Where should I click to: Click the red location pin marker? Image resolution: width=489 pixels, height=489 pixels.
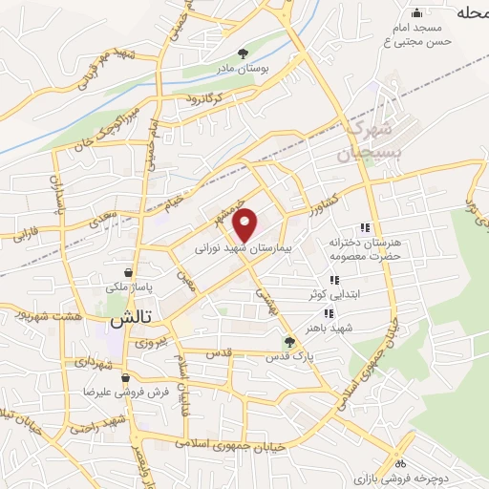[x=245, y=224]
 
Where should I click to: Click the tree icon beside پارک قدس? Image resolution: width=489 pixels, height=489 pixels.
[x=289, y=340]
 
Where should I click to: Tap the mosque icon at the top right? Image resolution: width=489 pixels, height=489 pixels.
[x=415, y=13]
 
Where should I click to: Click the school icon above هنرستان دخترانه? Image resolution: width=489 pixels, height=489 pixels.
[x=364, y=227]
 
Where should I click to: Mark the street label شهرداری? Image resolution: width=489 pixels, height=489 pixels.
[x=96, y=365]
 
